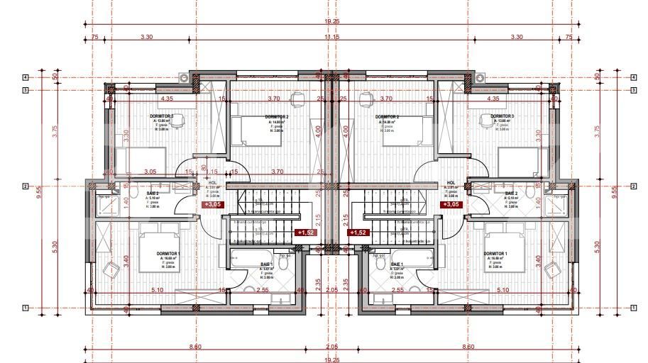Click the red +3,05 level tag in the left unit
coord(212,204)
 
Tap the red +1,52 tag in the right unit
coord(358,232)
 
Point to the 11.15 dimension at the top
coord(331,36)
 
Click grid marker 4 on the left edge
coord(25,77)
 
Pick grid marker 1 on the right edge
coord(632,308)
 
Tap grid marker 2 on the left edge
coord(25,186)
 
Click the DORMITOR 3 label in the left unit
coord(162,116)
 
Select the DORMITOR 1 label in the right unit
coord(495,253)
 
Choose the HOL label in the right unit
coord(451,183)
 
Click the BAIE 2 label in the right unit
coord(511,193)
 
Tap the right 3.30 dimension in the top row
coord(517,36)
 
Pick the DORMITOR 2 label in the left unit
coord(276,116)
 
